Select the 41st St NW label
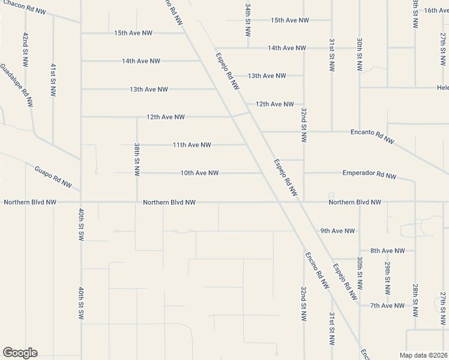[53, 79]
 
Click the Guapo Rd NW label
[53, 177]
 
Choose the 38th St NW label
[137, 159]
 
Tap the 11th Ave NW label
[191, 145]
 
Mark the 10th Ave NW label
[199, 173]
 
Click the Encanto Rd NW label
[372, 136]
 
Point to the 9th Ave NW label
[337, 230]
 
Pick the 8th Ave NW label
[387, 251]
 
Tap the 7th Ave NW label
[387, 306]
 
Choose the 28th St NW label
[415, 300]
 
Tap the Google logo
[20, 353]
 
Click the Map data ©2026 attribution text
[423, 355]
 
